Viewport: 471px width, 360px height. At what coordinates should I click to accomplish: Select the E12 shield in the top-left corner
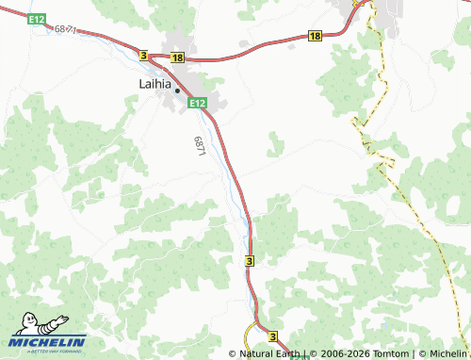tap(37, 19)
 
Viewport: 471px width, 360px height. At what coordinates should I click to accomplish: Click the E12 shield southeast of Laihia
tap(197, 103)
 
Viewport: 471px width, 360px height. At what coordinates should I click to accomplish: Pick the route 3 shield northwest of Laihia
tap(143, 57)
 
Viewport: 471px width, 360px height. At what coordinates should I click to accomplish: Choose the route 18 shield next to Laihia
tap(177, 57)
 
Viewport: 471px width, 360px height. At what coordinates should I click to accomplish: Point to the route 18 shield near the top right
tap(314, 36)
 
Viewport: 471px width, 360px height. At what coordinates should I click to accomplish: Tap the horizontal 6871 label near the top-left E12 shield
tap(66, 30)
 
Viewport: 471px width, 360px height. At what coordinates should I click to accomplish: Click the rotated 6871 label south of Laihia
tap(200, 146)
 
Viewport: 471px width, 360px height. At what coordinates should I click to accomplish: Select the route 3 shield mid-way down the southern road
tap(250, 259)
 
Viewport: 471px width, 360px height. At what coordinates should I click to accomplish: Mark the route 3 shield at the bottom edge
tap(272, 336)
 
